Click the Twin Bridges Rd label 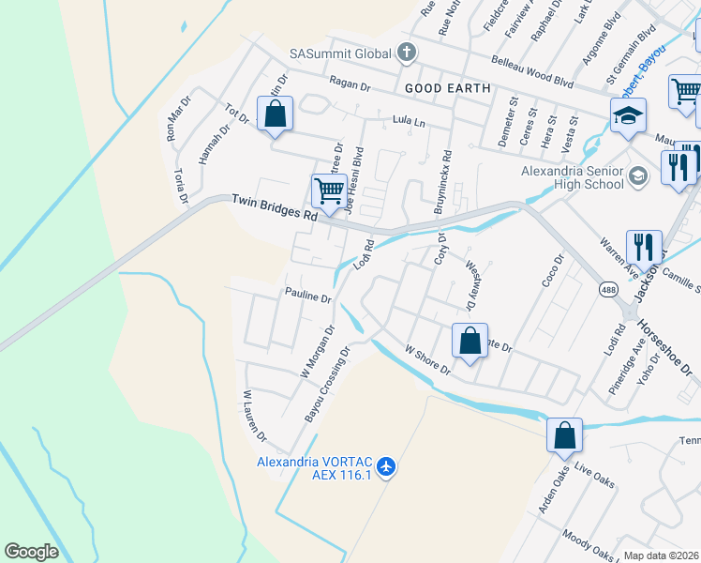(x=274, y=207)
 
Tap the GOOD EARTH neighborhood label (x=448, y=88)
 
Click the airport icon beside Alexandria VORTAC (x=389, y=465)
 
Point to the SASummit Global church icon (x=407, y=53)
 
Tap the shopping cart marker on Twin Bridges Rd (x=329, y=191)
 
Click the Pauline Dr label (x=308, y=297)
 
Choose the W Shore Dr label (x=427, y=359)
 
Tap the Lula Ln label (x=409, y=122)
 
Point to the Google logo (x=31, y=552)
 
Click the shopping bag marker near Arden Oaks (x=564, y=436)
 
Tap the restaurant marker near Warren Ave (x=644, y=249)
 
